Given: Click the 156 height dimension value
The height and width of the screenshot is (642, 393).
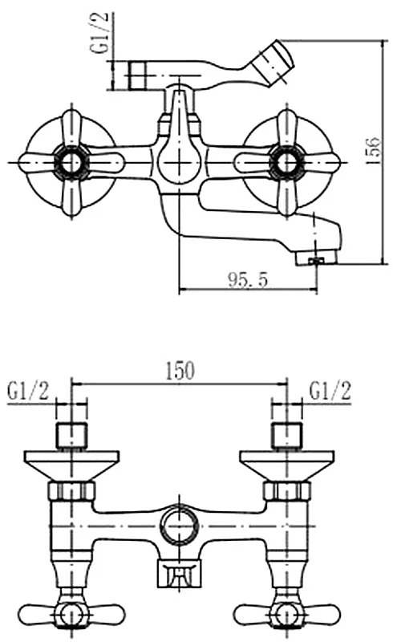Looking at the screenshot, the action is click(x=373, y=151).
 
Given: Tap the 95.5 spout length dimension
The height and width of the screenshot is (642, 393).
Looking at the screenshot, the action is click(x=248, y=280).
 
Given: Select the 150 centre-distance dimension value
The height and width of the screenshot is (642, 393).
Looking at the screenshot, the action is click(x=180, y=371).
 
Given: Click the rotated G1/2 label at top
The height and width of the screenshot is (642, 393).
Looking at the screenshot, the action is click(x=100, y=33).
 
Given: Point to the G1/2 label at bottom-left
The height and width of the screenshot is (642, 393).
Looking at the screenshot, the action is click(x=28, y=392).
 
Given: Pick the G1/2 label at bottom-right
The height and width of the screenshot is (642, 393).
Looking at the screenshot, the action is click(x=330, y=392).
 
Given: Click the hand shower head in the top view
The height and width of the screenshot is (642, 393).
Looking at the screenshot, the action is click(x=272, y=63).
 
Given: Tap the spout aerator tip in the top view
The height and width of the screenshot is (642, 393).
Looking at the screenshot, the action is click(x=316, y=258).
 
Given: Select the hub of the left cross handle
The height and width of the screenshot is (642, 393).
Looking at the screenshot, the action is click(x=72, y=163).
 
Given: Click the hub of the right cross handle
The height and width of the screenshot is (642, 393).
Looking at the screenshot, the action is click(x=287, y=163).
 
